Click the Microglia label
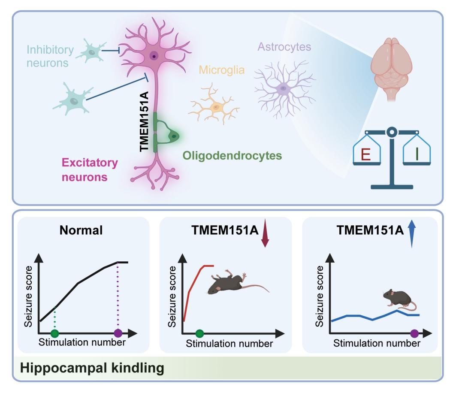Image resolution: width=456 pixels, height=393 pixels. [220, 70]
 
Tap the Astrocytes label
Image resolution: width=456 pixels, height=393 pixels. [284, 46]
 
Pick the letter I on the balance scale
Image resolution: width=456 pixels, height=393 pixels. [417, 153]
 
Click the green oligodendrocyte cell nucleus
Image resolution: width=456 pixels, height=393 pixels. [173, 136]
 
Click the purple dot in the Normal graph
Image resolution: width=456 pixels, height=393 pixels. [118, 333]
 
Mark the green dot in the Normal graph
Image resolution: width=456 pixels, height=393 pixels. [54, 333]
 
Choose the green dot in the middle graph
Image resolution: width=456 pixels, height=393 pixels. [199, 333]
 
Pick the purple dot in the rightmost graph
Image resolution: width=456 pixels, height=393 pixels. [414, 333]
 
